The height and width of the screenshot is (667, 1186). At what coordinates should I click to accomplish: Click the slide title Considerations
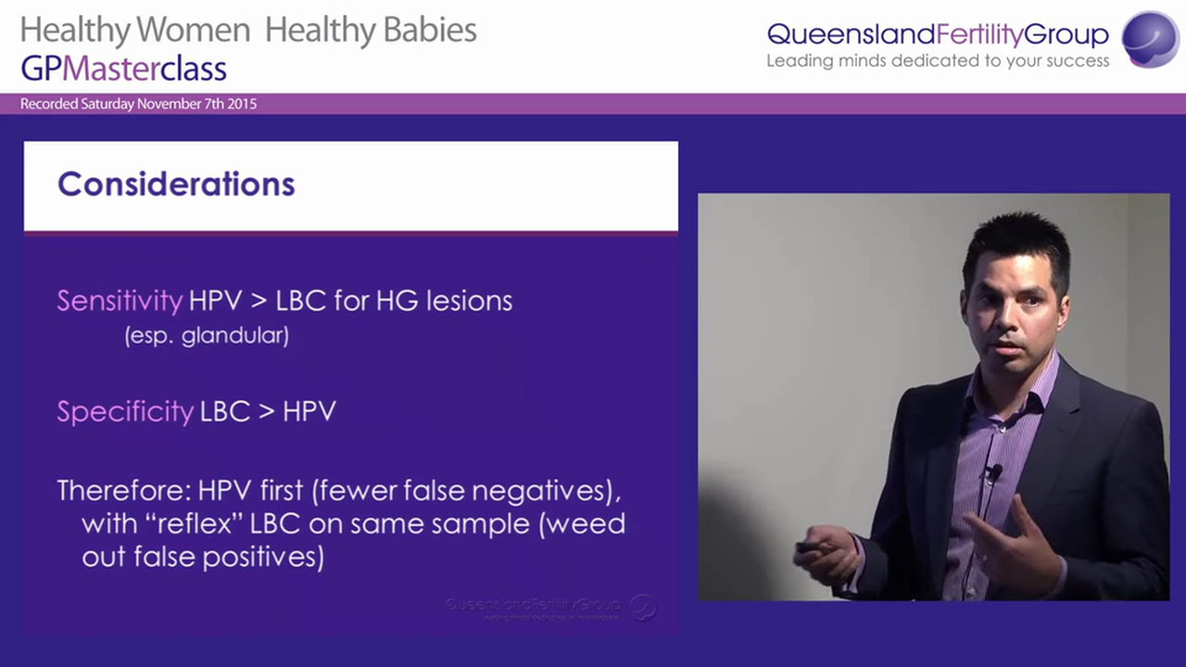coord(176,184)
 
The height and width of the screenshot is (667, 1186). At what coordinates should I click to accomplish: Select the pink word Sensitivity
coord(120,301)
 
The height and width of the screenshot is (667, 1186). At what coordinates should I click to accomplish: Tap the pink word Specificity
coord(125,411)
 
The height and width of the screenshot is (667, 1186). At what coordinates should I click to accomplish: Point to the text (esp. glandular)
coord(207,335)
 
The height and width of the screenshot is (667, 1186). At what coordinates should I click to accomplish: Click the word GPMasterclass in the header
coord(123,68)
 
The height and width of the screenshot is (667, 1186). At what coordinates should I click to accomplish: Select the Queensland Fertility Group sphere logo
coord(1149,39)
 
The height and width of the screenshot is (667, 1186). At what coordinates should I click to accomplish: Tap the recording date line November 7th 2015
coord(138,104)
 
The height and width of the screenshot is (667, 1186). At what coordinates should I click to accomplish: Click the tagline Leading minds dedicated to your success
coord(937,61)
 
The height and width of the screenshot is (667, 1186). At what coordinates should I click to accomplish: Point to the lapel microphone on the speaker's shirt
coord(993,473)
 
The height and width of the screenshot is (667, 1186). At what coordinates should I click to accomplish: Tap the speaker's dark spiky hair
coord(1016,237)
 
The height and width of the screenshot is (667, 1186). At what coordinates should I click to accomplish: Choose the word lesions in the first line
coord(469,301)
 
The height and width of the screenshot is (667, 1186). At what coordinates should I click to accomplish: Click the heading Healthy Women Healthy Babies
coord(248,31)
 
